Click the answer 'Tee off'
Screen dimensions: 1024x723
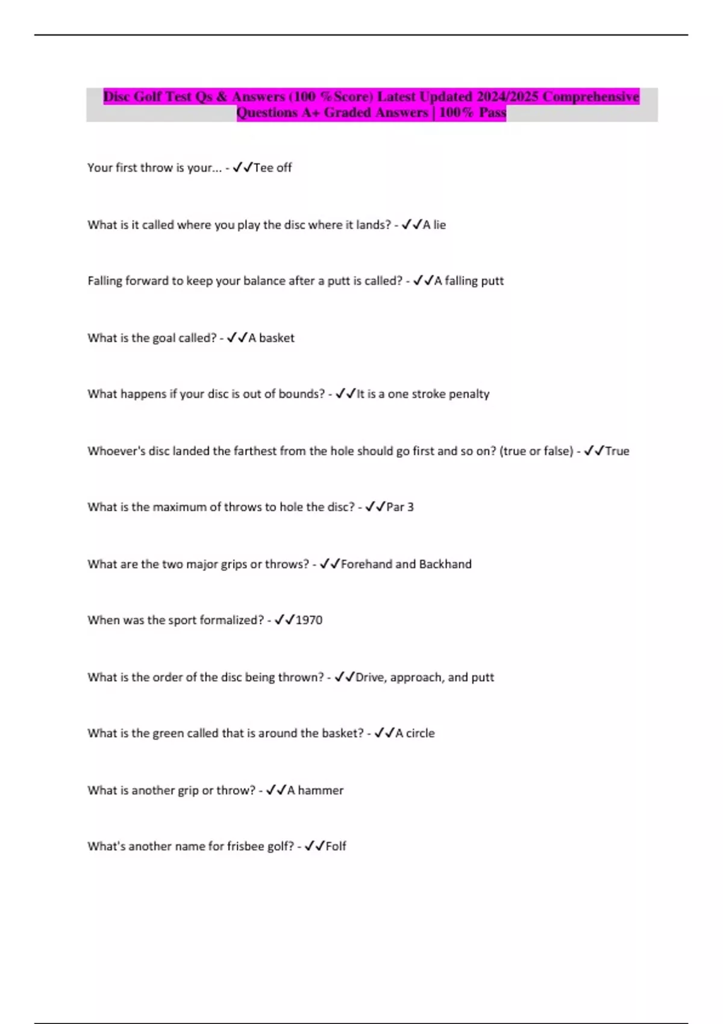[x=272, y=167]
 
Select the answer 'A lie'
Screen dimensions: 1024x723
[x=434, y=225]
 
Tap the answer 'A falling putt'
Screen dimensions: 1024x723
[x=469, y=281]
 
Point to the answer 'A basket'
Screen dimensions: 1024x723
[x=271, y=338]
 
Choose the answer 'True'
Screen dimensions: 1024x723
[x=617, y=451]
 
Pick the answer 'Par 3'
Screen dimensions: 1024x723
[x=400, y=507]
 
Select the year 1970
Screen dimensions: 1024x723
[x=309, y=620]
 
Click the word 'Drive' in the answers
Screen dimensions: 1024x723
[x=369, y=677]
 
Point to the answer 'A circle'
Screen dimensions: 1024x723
[x=415, y=733]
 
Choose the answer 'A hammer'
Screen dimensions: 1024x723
[x=315, y=790]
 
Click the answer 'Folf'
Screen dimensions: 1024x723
[x=336, y=846]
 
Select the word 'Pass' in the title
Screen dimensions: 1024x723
[x=492, y=113]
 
